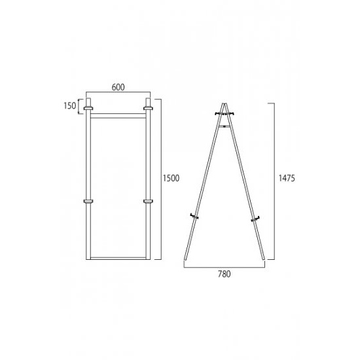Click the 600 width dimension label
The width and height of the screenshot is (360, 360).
coord(118,87)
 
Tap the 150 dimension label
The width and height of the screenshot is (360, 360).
coord(69,106)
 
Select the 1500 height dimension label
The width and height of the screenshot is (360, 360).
coord(171,178)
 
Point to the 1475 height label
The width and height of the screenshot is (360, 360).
coord(287,178)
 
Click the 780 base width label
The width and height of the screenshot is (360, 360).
coord(225,274)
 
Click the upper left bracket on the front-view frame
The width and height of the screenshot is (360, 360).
coord(88,108)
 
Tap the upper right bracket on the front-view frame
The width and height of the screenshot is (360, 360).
coord(148,108)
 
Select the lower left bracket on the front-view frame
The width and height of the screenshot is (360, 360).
coord(88,202)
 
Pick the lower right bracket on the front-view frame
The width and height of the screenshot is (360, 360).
coord(148,202)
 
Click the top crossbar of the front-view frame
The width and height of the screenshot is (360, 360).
coord(118,116)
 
